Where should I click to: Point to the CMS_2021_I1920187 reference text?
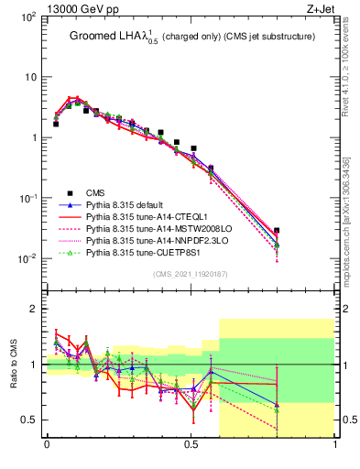191,274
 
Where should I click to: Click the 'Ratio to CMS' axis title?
12,365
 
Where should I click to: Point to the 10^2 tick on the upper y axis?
27,17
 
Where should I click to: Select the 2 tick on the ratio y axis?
32,310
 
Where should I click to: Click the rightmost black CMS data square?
277,231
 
